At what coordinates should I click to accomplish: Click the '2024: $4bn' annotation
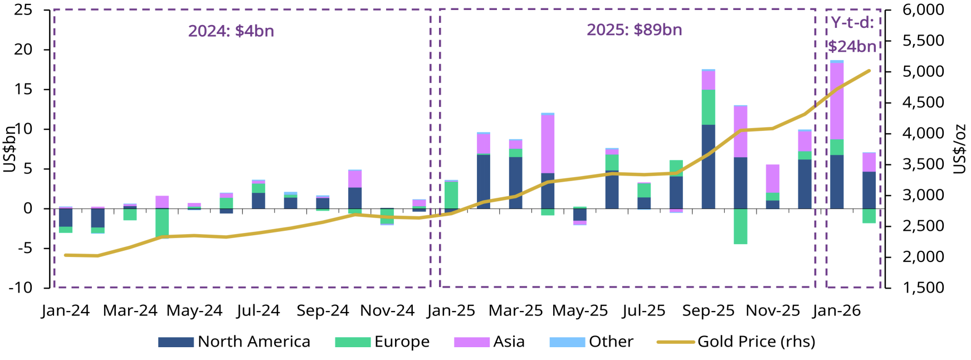(x=231, y=31)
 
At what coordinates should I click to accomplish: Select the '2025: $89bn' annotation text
(x=634, y=30)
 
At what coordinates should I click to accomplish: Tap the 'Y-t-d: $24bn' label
(x=852, y=35)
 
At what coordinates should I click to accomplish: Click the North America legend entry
(x=234, y=342)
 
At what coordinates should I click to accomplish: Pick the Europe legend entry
(x=382, y=342)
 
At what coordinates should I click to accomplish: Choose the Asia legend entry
(x=489, y=342)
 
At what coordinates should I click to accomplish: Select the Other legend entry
(x=591, y=342)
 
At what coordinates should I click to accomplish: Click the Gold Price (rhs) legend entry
(x=736, y=342)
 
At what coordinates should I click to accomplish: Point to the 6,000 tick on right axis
(x=923, y=10)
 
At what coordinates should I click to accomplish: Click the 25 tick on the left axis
(x=23, y=10)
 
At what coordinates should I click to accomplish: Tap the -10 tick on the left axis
(x=21, y=288)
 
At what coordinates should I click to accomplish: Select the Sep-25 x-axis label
(x=708, y=310)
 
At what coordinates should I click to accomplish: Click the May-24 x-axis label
(x=194, y=310)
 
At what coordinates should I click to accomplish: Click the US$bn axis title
(x=9, y=149)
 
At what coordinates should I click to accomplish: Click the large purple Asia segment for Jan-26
(x=837, y=101)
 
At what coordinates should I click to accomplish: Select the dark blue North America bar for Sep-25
(x=708, y=167)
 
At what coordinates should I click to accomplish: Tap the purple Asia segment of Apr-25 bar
(x=548, y=144)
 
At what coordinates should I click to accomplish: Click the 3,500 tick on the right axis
(x=923, y=164)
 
